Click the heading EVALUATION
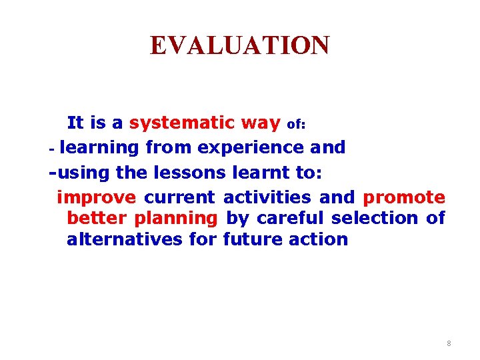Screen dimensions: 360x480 tap(239, 45)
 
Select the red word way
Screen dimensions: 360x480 tap(261, 123)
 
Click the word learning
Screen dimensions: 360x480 tap(103, 148)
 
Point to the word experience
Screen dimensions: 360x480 tap(253, 148)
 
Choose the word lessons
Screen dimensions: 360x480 tap(190, 173)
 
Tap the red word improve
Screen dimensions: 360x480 tap(97, 198)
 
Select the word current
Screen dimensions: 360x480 tap(179, 198)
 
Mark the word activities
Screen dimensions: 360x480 tap(267, 198)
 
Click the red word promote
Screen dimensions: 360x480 tap(404, 198)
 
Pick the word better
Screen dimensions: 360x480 tap(97, 219)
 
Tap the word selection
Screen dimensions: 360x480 tap(375, 219)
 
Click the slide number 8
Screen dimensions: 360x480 tap(449, 343)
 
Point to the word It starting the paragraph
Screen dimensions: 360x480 tap(75, 123)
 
